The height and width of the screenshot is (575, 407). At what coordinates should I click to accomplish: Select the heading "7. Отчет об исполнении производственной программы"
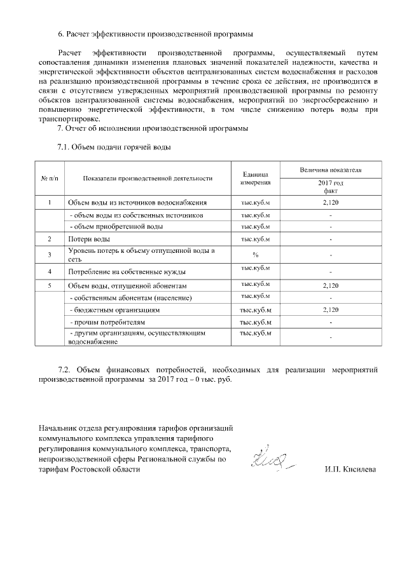[153, 130]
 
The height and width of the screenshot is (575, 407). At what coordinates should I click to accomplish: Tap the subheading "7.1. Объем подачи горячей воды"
[114, 148]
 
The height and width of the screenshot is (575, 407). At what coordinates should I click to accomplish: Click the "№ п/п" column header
[49, 178]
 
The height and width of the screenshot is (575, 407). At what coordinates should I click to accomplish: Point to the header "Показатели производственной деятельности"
[147, 178]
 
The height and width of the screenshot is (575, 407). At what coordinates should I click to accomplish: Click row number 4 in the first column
[49, 271]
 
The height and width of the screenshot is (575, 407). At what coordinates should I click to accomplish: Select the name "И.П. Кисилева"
[350, 470]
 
